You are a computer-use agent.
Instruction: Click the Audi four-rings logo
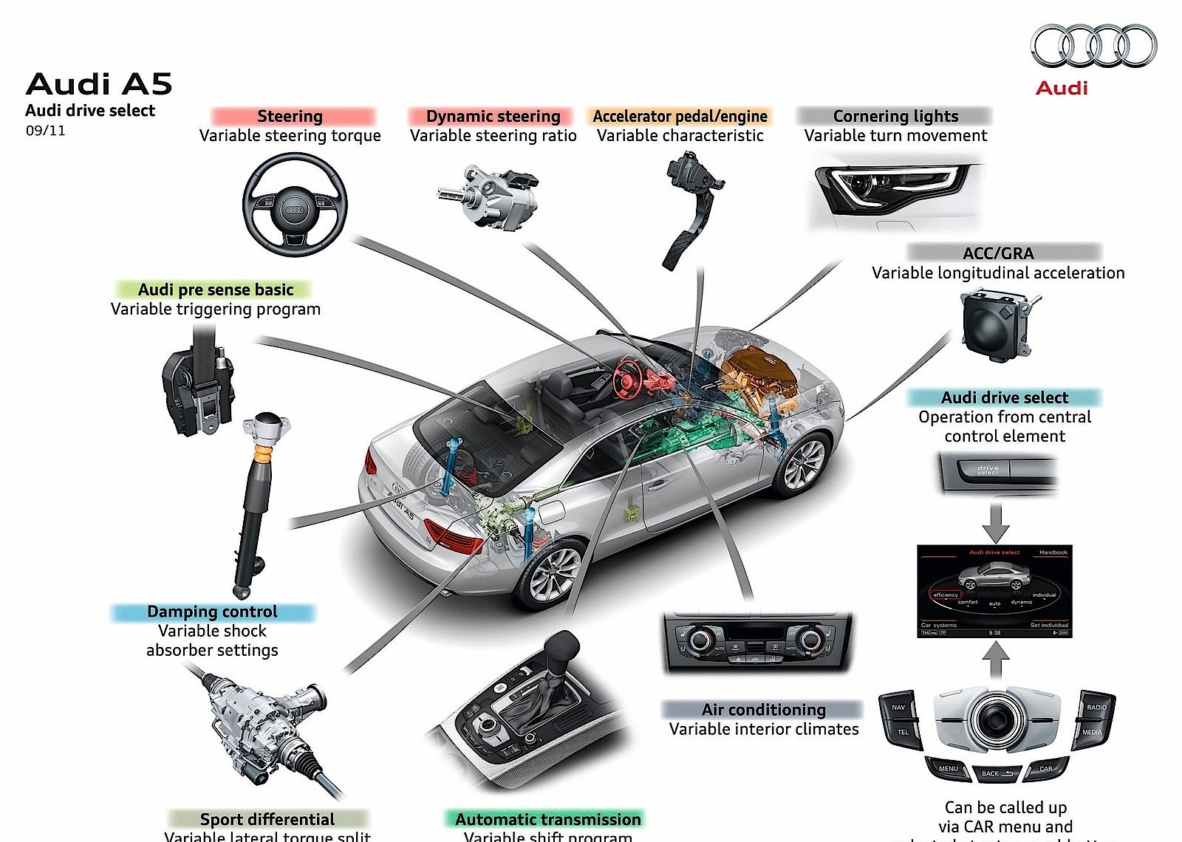(1093, 46)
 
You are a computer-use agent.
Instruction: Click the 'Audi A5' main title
(99, 84)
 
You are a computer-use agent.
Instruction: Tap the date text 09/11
(46, 131)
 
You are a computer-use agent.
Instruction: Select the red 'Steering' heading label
(290, 116)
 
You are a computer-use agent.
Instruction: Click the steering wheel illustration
(295, 205)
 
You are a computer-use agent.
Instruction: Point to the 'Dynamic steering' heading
(493, 116)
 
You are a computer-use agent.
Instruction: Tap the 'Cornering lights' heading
(895, 116)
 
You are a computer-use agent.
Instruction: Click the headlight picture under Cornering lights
(894, 188)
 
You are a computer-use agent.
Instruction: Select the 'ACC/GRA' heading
(998, 253)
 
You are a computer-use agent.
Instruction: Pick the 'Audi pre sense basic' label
(216, 290)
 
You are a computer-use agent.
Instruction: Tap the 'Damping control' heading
(213, 612)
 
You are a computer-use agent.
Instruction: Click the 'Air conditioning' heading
(763, 710)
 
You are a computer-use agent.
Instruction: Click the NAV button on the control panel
(898, 707)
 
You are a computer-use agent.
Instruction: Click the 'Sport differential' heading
(267, 819)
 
